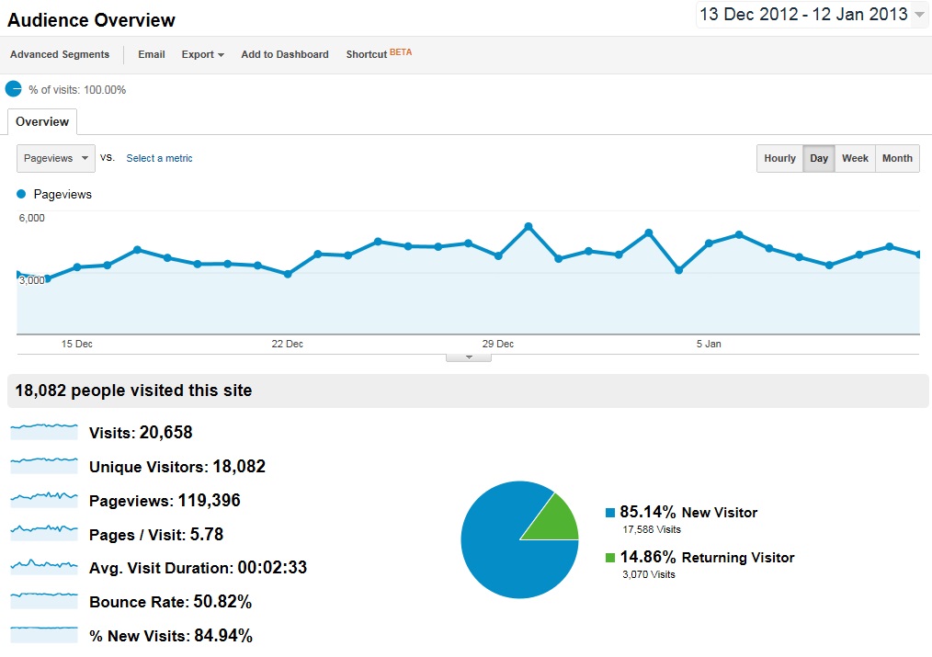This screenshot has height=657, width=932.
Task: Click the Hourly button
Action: point(779,158)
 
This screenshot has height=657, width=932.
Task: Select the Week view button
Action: point(855,158)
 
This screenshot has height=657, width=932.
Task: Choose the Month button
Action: point(897,158)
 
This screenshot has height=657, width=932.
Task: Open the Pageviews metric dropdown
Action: point(56,158)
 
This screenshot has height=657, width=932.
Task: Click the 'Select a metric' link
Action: point(159,158)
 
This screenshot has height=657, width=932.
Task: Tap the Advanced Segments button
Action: point(60,54)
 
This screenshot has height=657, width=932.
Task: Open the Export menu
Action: point(202,54)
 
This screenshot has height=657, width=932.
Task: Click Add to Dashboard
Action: point(285,54)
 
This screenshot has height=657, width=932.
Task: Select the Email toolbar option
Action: point(152,54)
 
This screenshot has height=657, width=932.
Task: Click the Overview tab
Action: point(42,121)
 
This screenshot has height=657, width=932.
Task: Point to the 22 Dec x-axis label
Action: point(288,344)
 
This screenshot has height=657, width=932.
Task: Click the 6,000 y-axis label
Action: point(31,218)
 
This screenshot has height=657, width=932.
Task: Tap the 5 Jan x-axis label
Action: point(709,344)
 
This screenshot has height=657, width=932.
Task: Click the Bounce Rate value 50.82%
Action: point(222,603)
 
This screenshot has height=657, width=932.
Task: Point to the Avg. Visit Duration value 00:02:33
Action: point(272,568)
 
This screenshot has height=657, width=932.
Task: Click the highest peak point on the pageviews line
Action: point(529,226)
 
